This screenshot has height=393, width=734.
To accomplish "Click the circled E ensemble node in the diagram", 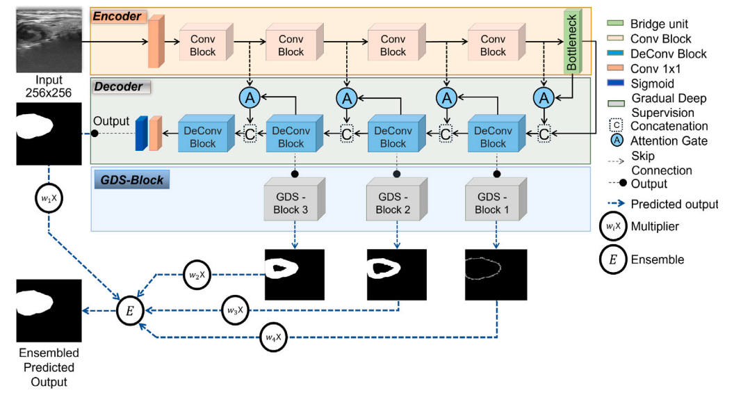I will click(129, 310).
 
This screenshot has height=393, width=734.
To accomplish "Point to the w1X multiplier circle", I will click(46, 197).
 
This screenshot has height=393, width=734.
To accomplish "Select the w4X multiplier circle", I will click(273, 337).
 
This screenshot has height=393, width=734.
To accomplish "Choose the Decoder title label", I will click(119, 87).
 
